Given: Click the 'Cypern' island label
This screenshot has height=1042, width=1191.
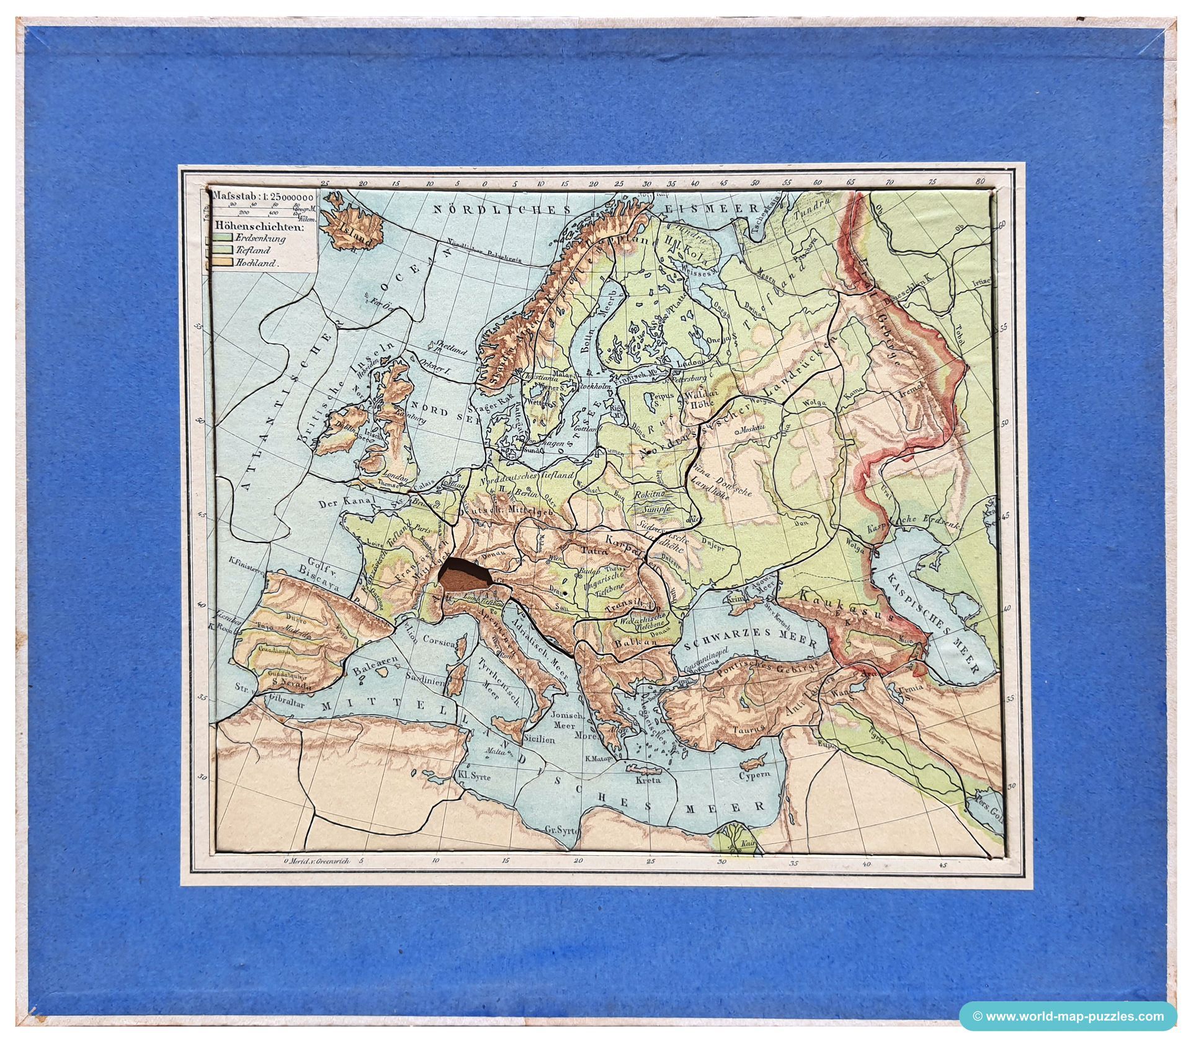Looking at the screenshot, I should (x=754, y=775).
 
